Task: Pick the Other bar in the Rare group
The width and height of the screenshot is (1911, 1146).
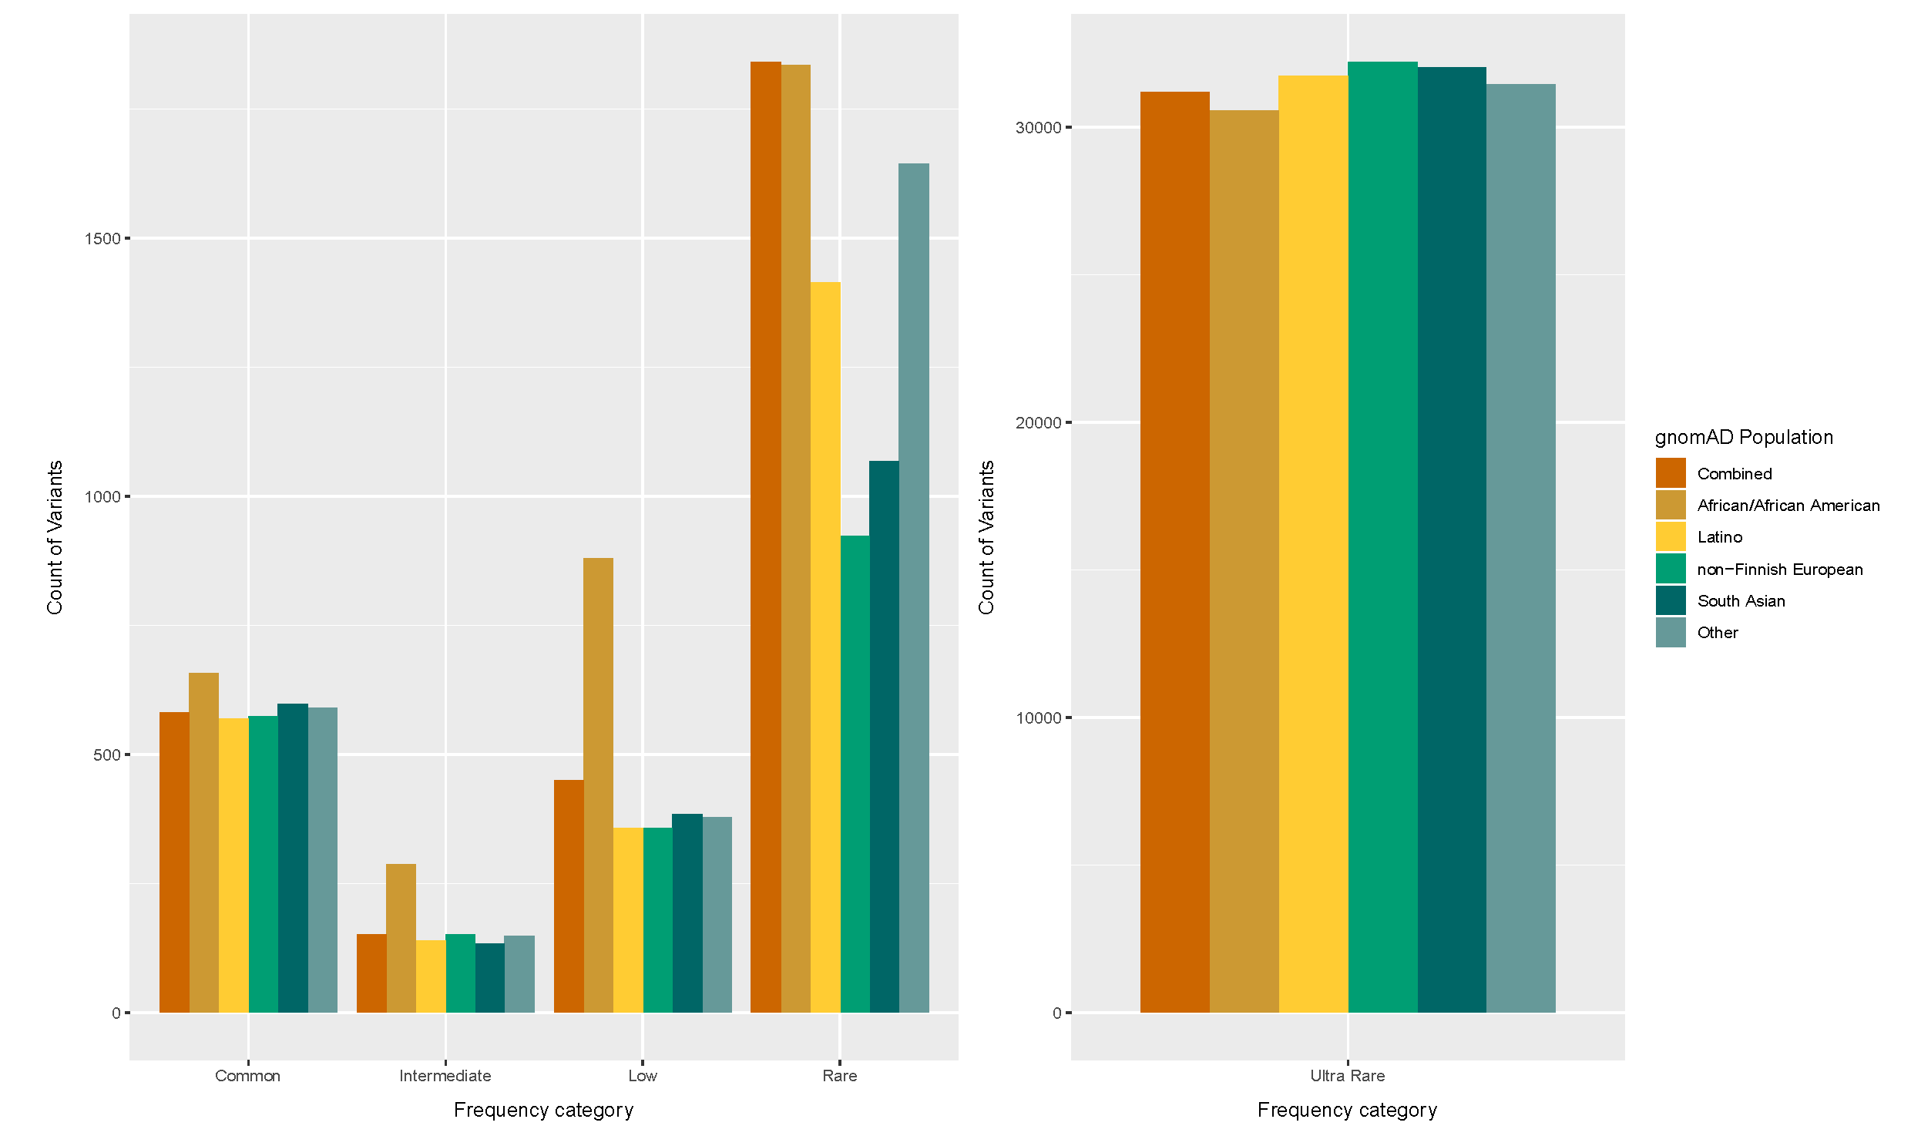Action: (x=913, y=588)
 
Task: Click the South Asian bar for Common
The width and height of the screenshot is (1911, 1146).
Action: (x=293, y=857)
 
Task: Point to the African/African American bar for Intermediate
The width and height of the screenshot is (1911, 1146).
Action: (x=401, y=937)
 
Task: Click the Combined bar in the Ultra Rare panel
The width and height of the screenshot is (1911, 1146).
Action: (x=1174, y=552)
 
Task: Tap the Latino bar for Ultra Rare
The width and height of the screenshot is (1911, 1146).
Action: (x=1312, y=543)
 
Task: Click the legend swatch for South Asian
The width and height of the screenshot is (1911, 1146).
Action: (x=1670, y=601)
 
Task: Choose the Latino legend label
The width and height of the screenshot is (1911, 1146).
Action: (x=1718, y=537)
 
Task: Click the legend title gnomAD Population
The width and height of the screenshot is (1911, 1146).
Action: (x=1744, y=437)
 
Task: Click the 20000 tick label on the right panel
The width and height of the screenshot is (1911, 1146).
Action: (x=1038, y=423)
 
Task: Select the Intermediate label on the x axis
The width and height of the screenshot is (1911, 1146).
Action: (x=445, y=1076)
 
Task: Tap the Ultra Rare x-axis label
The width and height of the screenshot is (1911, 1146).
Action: (x=1348, y=1076)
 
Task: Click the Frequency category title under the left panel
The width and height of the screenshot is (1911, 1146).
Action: (x=543, y=1110)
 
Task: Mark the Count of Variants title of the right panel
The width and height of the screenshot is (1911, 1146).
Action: (x=986, y=537)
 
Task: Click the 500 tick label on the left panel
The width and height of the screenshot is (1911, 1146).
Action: (x=106, y=755)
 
